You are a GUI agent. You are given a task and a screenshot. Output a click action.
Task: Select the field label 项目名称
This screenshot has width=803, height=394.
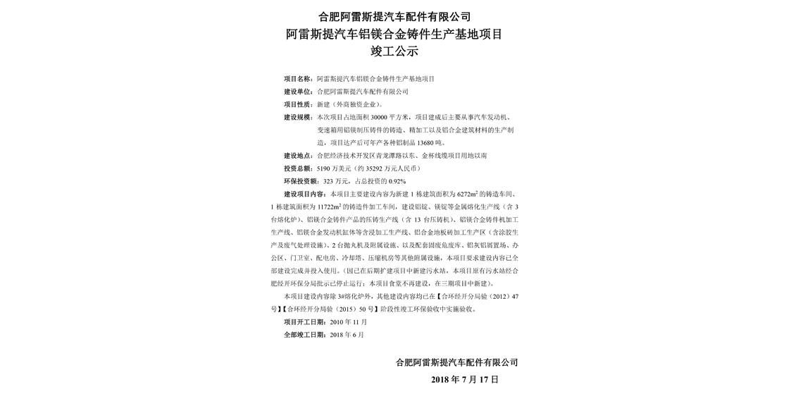[x=298, y=79]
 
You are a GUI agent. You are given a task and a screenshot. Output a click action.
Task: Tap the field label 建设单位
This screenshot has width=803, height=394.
[x=298, y=92]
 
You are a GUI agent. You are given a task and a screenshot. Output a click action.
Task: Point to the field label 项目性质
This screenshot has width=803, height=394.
[x=298, y=104]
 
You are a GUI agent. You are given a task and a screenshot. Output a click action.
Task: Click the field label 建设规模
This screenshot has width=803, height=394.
[x=298, y=117]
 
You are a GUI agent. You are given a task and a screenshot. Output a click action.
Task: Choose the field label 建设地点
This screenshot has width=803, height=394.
[x=298, y=155]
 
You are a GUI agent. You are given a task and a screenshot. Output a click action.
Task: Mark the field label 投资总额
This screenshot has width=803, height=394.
[x=298, y=168]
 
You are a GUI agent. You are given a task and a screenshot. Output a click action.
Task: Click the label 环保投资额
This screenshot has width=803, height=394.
[x=301, y=181]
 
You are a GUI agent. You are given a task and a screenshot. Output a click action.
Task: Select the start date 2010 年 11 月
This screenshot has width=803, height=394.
[x=349, y=321]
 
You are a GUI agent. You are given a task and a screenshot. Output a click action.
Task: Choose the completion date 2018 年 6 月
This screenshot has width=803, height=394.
[x=347, y=334]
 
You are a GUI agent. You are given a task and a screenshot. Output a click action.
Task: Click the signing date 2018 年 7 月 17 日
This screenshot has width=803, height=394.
[x=464, y=379]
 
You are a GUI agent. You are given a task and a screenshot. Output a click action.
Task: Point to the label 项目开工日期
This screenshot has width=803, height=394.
[x=304, y=321]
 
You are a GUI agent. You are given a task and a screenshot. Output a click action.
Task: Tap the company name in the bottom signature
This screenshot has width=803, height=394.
[x=456, y=362]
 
